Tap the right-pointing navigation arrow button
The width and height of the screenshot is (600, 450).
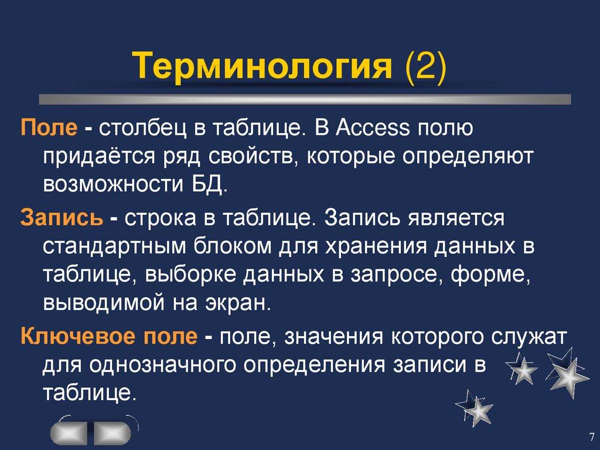[111, 432]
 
